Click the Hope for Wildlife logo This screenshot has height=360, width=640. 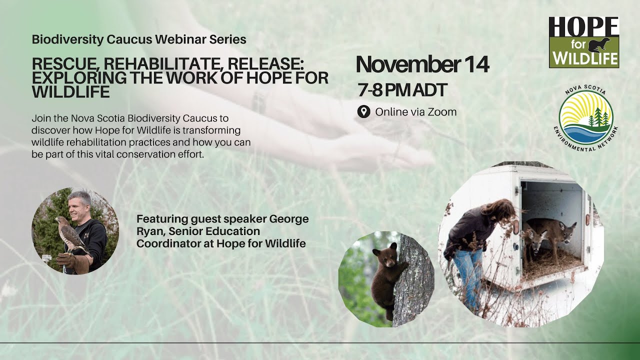(584, 42)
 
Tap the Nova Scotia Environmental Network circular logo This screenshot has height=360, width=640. (585, 117)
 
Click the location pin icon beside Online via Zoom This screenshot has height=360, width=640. (364, 111)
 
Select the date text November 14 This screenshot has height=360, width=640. (422, 65)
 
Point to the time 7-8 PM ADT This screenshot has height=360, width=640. (402, 90)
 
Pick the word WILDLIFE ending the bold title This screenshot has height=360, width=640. (70, 91)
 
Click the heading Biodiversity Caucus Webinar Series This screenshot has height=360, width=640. (139, 39)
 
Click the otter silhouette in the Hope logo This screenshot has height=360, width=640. (599, 44)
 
